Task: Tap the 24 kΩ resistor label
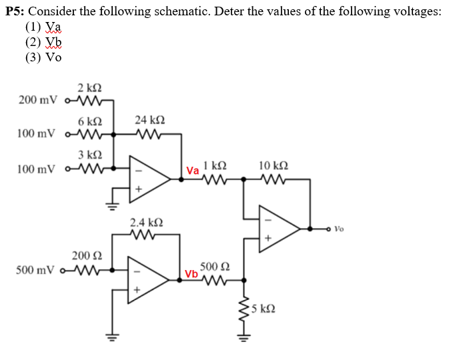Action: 149,121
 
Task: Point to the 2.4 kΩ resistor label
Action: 146,222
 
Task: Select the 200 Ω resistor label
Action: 87,256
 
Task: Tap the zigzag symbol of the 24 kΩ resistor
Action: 149,134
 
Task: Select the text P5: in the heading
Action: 16,12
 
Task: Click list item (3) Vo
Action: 43,57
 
